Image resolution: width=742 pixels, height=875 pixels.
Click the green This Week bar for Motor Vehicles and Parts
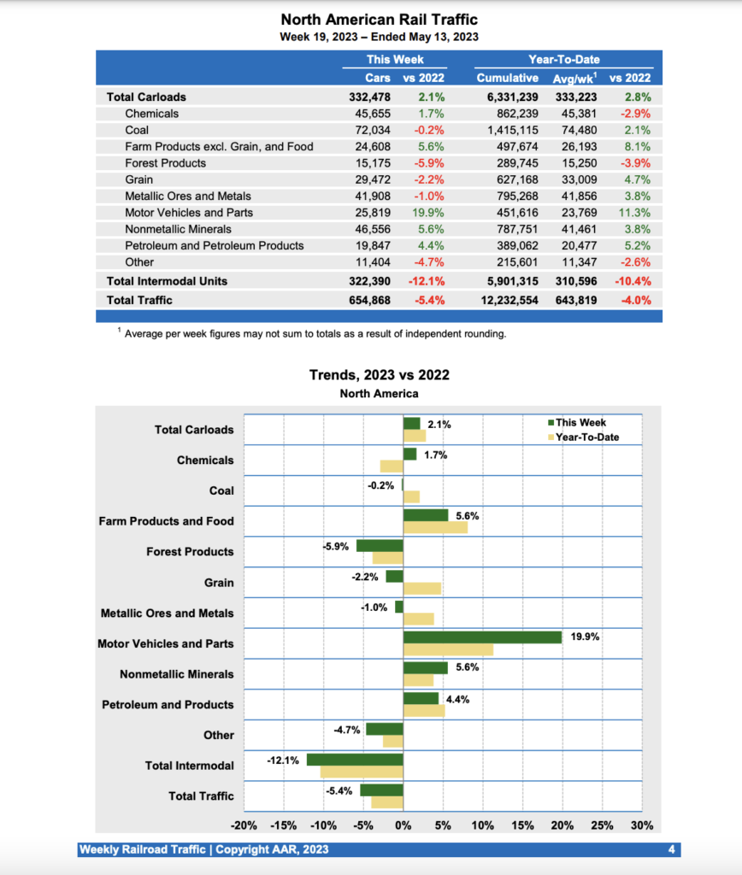tap(482, 637)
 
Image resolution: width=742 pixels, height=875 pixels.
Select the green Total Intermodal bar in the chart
tap(355, 759)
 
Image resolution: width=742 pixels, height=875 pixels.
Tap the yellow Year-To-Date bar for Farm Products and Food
tap(435, 527)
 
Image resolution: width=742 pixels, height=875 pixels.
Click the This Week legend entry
tap(580, 422)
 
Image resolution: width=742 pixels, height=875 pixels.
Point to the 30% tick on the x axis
tap(642, 825)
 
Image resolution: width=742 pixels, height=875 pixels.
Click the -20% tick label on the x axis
tap(244, 825)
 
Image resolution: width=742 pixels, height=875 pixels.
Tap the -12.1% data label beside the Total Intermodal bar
tap(282, 760)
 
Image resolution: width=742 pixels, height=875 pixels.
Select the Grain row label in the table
tap(139, 179)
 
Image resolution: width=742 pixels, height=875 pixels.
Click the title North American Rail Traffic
tap(379, 20)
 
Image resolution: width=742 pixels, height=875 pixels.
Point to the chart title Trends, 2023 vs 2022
tap(379, 375)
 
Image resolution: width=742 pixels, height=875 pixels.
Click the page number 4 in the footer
tap(672, 849)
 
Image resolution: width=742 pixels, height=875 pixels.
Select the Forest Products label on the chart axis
tap(190, 551)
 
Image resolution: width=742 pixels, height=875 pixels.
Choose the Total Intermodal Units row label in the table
tap(167, 280)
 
